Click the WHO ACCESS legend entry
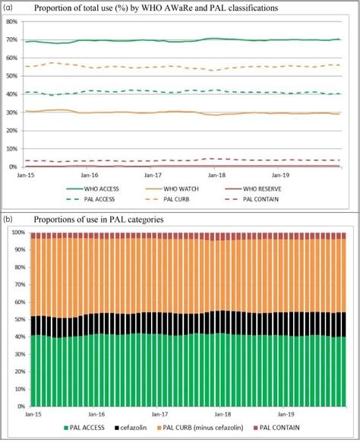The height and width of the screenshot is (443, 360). click(93, 189)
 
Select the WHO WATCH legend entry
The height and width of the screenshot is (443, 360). click(172, 189)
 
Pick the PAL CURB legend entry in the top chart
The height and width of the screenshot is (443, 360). click(168, 199)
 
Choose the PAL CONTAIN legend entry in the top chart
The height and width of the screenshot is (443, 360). click(252, 199)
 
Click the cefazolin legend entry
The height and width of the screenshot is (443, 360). click(131, 428)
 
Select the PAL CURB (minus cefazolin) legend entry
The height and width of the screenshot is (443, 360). click(200, 428)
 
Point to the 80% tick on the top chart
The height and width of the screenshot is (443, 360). click(12, 21)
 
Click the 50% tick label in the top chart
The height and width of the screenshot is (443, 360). click(12, 76)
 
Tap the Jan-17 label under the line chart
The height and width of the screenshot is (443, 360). click(153, 176)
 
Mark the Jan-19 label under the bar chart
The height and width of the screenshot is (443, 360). click(286, 414)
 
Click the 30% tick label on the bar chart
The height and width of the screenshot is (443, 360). click(20, 354)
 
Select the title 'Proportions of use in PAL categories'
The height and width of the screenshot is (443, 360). click(99, 220)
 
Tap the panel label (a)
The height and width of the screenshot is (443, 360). click(8, 8)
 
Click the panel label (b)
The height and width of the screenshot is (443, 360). click(8, 219)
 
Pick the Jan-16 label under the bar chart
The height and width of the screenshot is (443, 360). click(96, 414)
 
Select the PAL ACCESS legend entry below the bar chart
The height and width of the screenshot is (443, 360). click(84, 428)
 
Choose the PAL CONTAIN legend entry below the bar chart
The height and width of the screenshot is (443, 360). click(276, 428)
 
